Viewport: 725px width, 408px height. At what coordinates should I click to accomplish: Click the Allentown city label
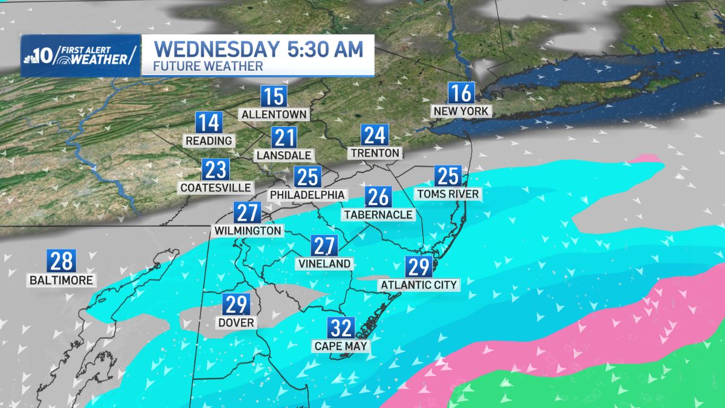pyautogui.click(x=274, y=114)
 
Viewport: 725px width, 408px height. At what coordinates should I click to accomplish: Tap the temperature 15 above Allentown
pyautogui.click(x=273, y=97)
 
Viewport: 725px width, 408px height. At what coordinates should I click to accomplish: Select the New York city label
pyautogui.click(x=462, y=111)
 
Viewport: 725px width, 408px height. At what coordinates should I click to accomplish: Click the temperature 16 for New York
pyautogui.click(x=461, y=94)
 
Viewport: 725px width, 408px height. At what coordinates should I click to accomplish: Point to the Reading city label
pyautogui.click(x=209, y=140)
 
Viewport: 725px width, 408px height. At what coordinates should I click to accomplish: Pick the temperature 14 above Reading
pyautogui.click(x=208, y=123)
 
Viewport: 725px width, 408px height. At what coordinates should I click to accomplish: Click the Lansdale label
pyautogui.click(x=283, y=154)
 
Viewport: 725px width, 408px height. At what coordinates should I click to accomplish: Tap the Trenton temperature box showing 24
pyautogui.click(x=375, y=135)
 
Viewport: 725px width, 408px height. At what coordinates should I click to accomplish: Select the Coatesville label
pyautogui.click(x=216, y=187)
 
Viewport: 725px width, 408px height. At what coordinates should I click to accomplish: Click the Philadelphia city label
pyautogui.click(x=308, y=195)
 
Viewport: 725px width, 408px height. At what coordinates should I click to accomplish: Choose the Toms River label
pyautogui.click(x=448, y=193)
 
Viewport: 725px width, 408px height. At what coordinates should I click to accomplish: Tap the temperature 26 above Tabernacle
pyautogui.click(x=378, y=197)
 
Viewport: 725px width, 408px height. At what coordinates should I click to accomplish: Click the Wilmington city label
pyautogui.click(x=247, y=230)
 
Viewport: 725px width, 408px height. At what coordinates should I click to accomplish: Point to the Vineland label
pyautogui.click(x=324, y=264)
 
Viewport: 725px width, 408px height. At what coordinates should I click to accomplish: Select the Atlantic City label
pyautogui.click(x=419, y=284)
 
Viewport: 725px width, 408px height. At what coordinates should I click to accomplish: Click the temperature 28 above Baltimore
pyautogui.click(x=62, y=262)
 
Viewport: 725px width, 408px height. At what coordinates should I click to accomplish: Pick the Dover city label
pyautogui.click(x=237, y=322)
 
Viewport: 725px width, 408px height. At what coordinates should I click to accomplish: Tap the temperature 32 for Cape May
pyautogui.click(x=341, y=329)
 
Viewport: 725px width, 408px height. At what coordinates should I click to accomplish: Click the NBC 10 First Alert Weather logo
pyautogui.click(x=80, y=56)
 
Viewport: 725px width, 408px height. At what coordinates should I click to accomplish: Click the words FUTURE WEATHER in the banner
pyautogui.click(x=208, y=66)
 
